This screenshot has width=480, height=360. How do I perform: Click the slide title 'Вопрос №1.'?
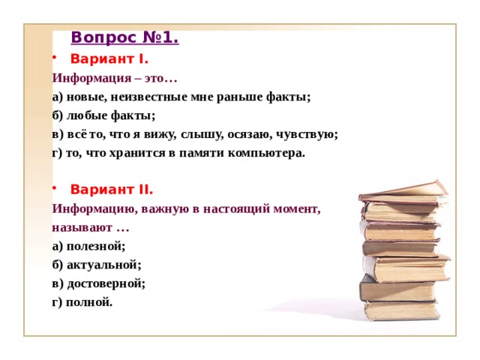pyautogui.click(x=124, y=37)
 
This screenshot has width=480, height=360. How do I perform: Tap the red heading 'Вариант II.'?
pyautogui.click(x=112, y=190)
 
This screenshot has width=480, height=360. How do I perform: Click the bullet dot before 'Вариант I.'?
pyautogui.click(x=55, y=58)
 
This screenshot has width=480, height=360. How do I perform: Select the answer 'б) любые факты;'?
pyautogui.click(x=103, y=115)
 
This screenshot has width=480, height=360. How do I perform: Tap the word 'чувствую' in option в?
pyautogui.click(x=308, y=134)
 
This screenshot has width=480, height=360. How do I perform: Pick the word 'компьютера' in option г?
pyautogui.click(x=271, y=153)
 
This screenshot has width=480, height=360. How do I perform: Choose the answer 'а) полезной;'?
pyautogui.click(x=88, y=246)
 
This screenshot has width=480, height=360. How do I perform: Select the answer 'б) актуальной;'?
pyautogui.click(x=97, y=265)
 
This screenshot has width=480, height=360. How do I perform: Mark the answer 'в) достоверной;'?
pyautogui.click(x=98, y=283)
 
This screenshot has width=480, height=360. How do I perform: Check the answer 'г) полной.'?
pyautogui.click(x=82, y=302)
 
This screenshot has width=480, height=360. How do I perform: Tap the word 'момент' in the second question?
pyautogui.click(x=296, y=208)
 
